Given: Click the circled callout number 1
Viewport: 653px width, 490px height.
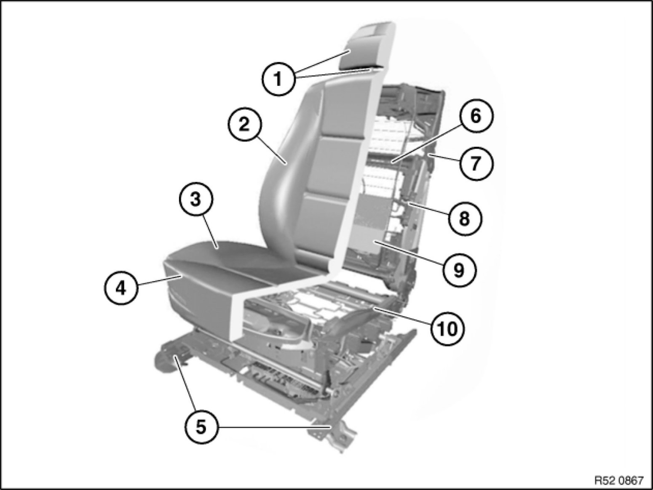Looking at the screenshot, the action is [278, 79].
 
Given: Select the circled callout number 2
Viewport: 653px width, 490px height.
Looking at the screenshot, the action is [244, 125].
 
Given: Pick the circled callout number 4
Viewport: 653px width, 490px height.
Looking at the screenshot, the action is [121, 288].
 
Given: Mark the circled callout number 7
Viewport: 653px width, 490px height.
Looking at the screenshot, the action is [475, 163].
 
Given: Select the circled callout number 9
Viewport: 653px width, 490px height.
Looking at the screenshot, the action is [458, 270].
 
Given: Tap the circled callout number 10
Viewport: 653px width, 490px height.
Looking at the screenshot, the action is [448, 329].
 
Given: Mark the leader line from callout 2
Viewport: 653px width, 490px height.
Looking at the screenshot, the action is [271, 149].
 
